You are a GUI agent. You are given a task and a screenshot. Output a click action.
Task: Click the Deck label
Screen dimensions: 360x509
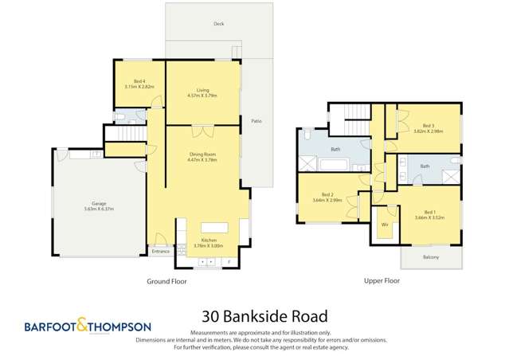pyautogui.click(x=217, y=24)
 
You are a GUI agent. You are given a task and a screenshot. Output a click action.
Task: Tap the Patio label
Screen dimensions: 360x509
pyautogui.click(x=256, y=121)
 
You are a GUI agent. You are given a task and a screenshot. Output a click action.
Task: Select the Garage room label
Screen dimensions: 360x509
pyautogui.click(x=100, y=205)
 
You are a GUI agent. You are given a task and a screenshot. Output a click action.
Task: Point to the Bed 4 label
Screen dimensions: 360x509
pyautogui.click(x=139, y=83)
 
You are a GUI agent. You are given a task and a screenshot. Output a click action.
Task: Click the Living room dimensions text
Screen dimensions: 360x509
pyautogui.click(x=202, y=96)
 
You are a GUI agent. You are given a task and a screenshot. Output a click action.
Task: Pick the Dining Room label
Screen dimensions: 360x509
pyautogui.click(x=202, y=155)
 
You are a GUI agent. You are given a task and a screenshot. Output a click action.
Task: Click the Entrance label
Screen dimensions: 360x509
pyautogui.click(x=161, y=252)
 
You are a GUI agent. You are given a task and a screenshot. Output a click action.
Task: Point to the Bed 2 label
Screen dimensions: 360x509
pyautogui.click(x=327, y=194)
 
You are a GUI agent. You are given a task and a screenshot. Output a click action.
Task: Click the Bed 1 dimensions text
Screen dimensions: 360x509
pyautogui.click(x=428, y=217)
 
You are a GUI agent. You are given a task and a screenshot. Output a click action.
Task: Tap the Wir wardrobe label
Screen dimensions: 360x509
pyautogui.click(x=385, y=225)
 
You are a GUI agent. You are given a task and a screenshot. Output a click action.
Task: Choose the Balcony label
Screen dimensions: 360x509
pyautogui.click(x=430, y=257)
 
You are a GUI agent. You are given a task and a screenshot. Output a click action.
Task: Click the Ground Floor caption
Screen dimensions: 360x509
pyautogui.click(x=166, y=281)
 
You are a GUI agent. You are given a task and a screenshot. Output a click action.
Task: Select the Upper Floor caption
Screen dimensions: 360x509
pyautogui.click(x=380, y=281)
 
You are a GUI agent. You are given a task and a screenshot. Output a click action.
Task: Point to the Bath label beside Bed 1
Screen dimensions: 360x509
pyautogui.click(x=425, y=166)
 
